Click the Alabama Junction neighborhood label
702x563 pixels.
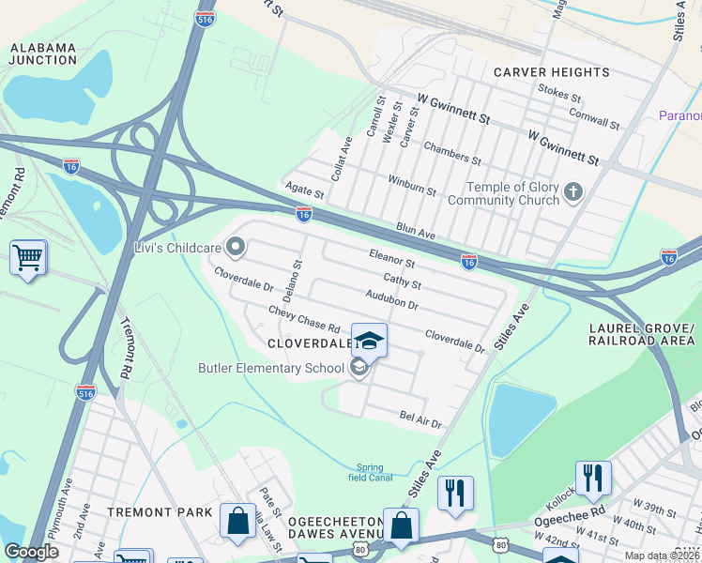[43, 53]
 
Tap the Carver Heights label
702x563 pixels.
[552, 72]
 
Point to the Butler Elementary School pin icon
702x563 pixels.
[359, 369]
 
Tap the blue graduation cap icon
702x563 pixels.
[369, 342]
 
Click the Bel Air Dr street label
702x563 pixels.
[420, 418]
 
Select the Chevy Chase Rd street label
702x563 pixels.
[303, 319]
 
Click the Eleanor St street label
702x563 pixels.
[391, 257]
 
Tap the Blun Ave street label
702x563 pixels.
[416, 230]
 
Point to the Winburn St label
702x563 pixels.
[413, 185]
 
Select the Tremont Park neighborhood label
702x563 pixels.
[154, 512]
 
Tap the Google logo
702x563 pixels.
[31, 552]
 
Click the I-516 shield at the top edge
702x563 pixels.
[205, 18]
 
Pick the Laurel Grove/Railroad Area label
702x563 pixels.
[641, 334]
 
